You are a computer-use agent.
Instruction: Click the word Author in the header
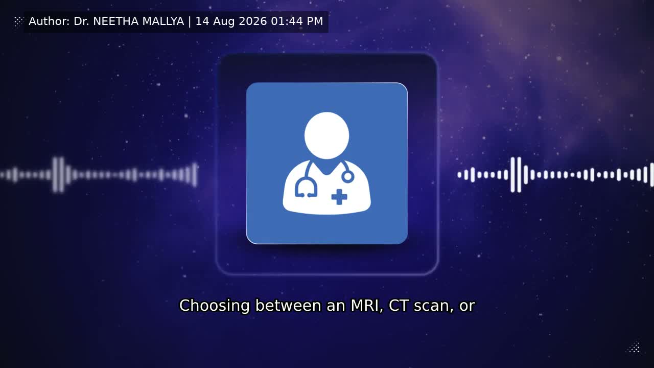click(x=49, y=21)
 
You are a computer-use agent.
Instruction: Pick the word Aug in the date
click(x=224, y=21)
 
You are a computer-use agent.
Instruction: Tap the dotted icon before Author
click(x=18, y=21)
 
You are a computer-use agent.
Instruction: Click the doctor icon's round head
click(x=326, y=135)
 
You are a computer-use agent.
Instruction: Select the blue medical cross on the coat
click(x=339, y=197)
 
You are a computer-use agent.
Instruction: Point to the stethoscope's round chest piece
click(x=348, y=177)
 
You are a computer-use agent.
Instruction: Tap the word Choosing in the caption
click(x=215, y=306)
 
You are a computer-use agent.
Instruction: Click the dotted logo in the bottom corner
click(x=634, y=348)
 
